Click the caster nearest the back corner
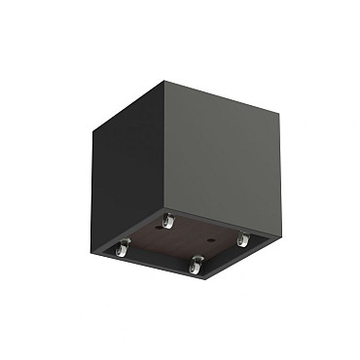[167, 224]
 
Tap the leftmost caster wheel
[124, 250]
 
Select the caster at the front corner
[198, 264]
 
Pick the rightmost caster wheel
[243, 237]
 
